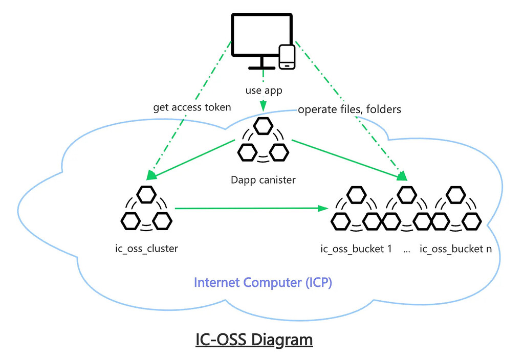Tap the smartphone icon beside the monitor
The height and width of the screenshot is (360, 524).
coord(287,57)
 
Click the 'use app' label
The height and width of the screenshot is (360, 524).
coord(263,91)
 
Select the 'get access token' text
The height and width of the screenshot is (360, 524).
coord(192,107)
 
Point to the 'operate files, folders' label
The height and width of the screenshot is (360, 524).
coord(350,109)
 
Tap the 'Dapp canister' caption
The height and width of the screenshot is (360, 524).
coord(263,179)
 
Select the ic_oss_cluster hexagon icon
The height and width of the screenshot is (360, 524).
coord(146,210)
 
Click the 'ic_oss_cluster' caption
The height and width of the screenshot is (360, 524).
coord(146,249)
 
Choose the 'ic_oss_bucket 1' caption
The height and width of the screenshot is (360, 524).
coord(356,249)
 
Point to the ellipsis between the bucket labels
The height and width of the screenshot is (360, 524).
coord(407,251)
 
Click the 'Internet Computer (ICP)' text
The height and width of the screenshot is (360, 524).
coord(263,282)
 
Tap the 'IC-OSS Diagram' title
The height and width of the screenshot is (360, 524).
coord(254,340)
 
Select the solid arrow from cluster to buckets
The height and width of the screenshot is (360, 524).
coord(251,208)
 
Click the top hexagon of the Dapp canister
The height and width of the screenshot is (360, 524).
coord(263,126)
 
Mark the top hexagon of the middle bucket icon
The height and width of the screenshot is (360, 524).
coord(407,194)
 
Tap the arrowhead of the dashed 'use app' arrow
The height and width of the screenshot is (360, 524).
coord(263,106)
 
